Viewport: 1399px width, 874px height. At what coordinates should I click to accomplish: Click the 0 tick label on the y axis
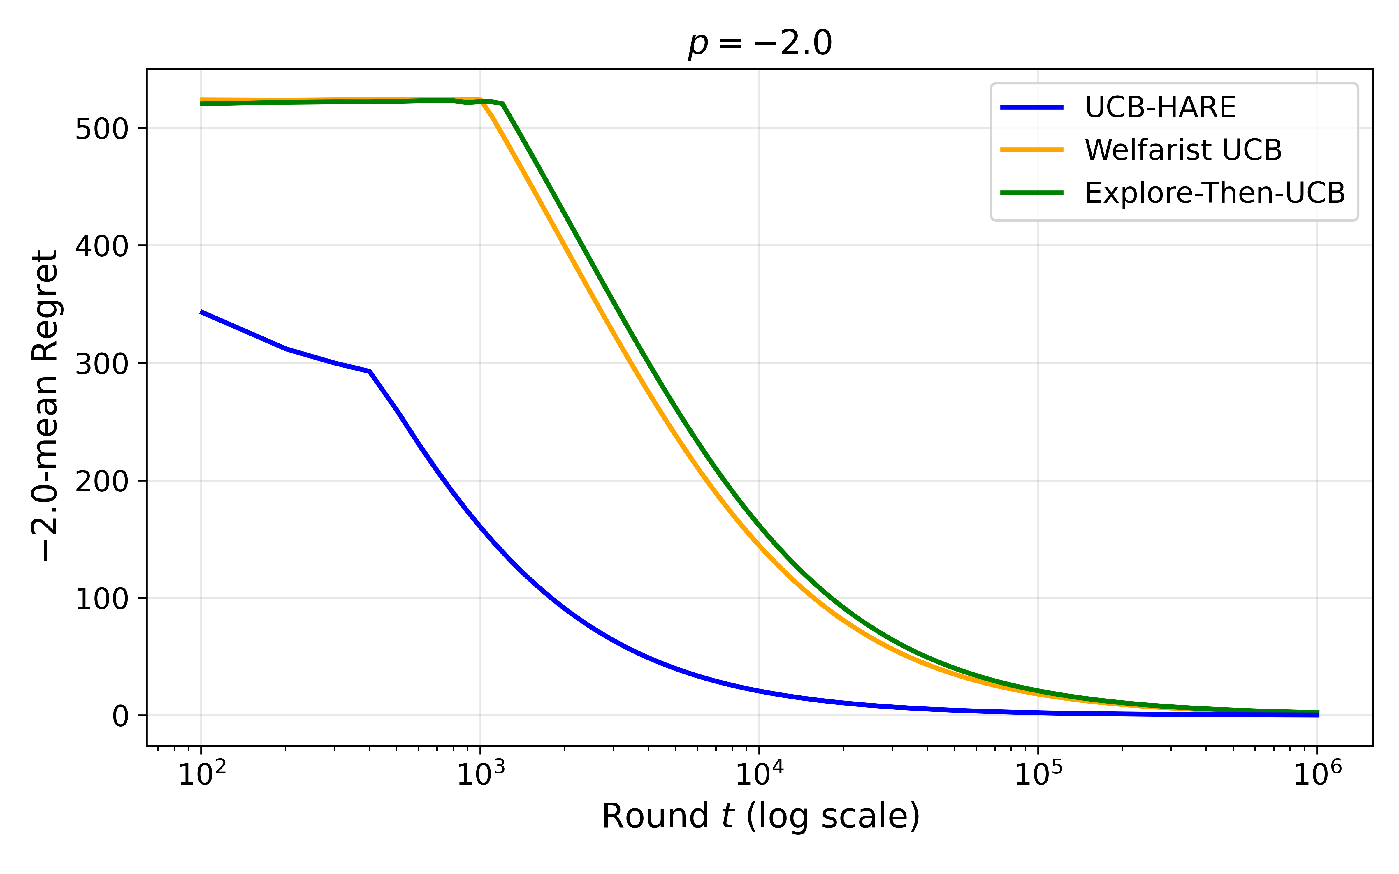tap(120, 716)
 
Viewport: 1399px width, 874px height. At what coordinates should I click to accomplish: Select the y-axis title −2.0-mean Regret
tap(45, 406)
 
